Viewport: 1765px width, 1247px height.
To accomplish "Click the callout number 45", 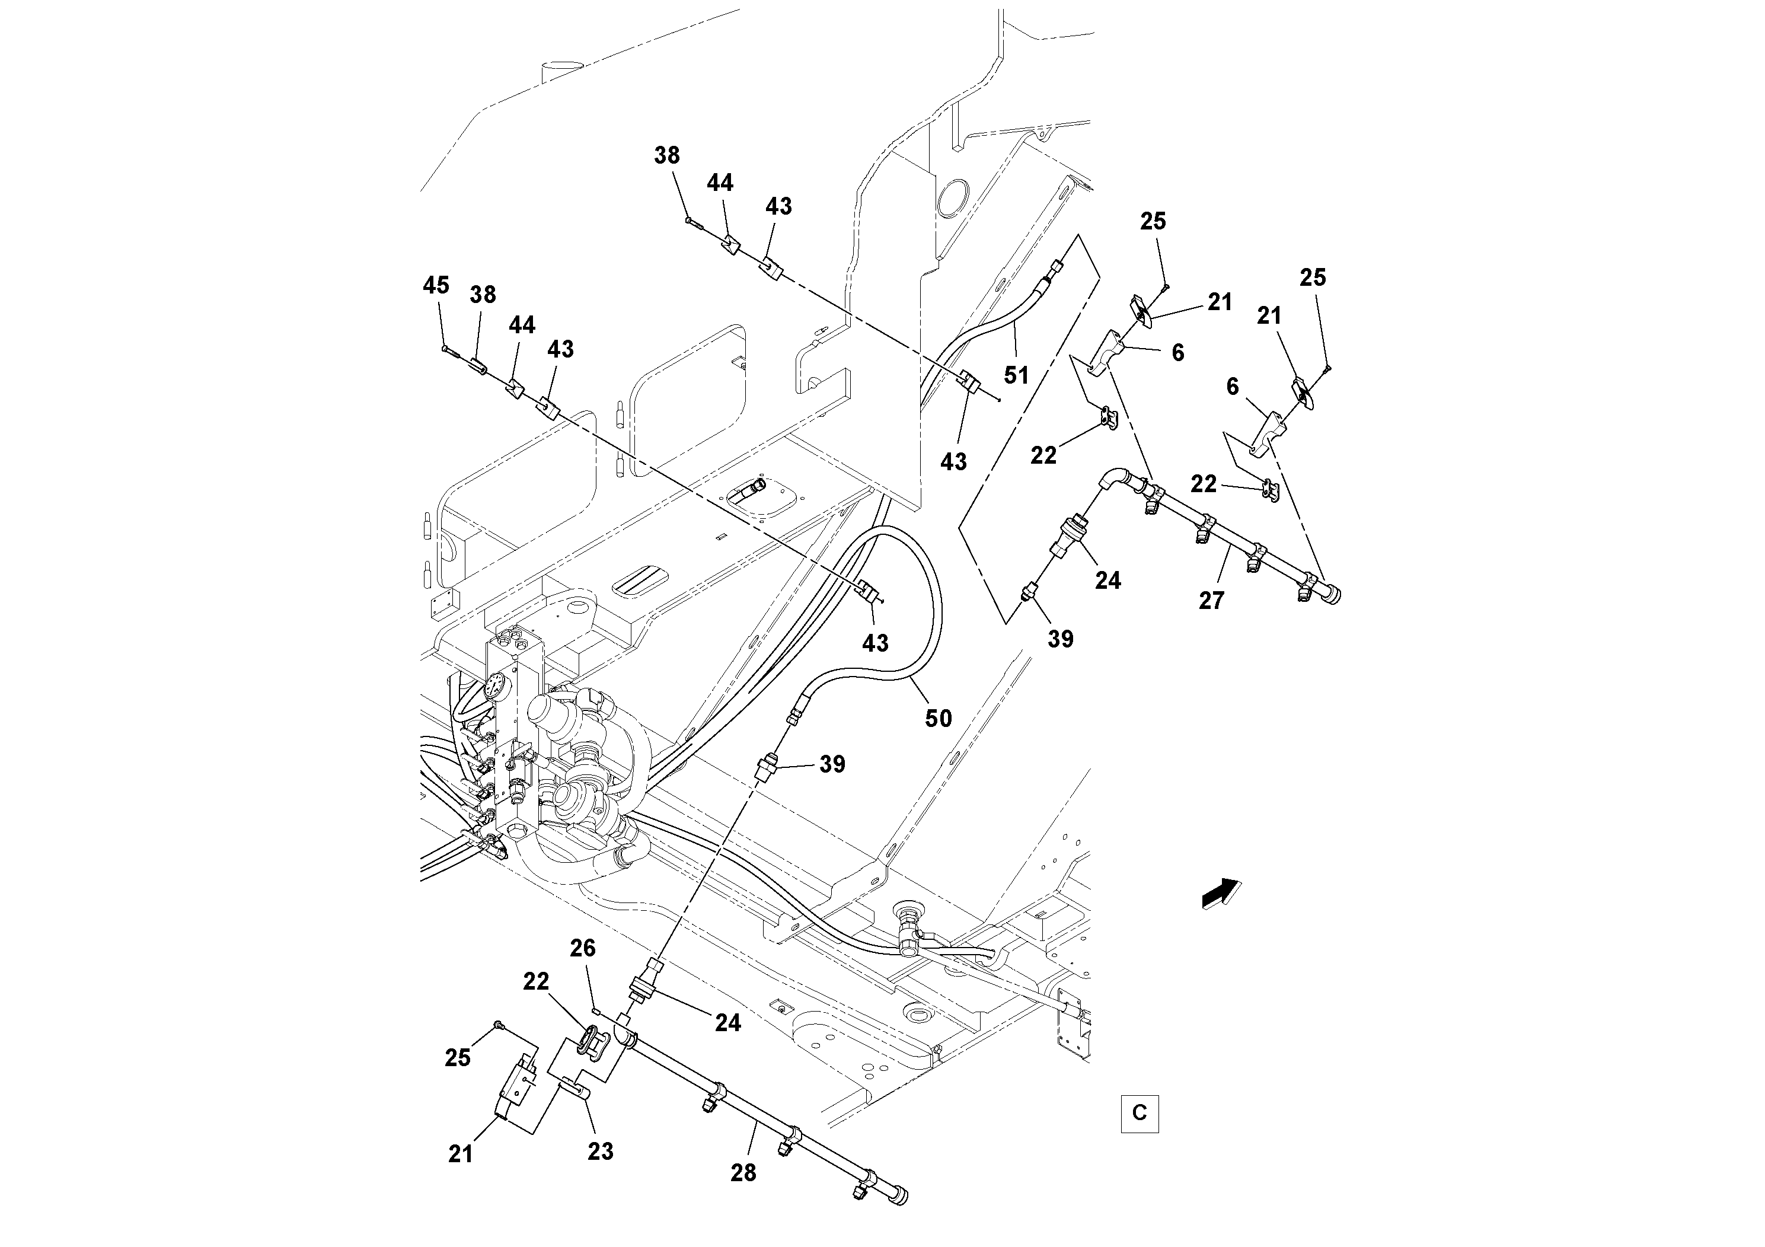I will pyautogui.click(x=435, y=285).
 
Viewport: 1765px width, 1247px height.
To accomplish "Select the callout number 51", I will pyautogui.click(x=1016, y=375).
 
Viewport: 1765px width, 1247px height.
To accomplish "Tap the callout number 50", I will pyautogui.click(x=938, y=718).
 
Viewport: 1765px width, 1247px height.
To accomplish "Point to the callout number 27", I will pyautogui.click(x=1211, y=601).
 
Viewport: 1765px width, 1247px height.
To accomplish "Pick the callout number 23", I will pyautogui.click(x=601, y=1151).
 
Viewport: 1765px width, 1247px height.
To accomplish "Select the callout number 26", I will pyautogui.click(x=583, y=948).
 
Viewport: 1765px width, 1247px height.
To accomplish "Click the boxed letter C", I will pyautogui.click(x=1140, y=1112).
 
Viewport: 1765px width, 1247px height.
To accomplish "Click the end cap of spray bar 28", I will pyautogui.click(x=899, y=1195).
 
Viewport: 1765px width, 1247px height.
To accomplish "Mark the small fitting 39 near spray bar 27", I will pyautogui.click(x=1029, y=593).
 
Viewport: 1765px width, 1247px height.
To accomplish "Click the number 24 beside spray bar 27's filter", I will pyautogui.click(x=1107, y=581).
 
